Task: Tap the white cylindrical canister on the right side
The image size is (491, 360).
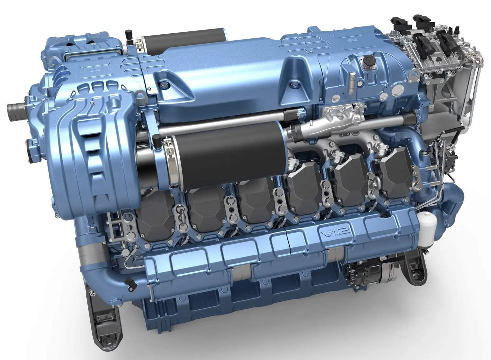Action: pyautogui.click(x=427, y=228)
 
